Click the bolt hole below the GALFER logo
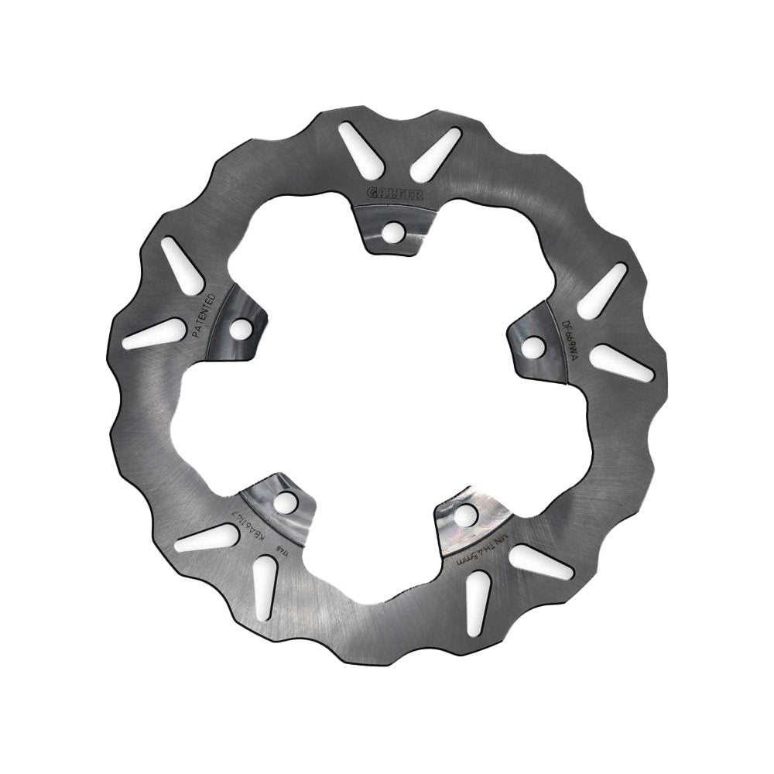394,230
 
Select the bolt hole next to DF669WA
533,347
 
